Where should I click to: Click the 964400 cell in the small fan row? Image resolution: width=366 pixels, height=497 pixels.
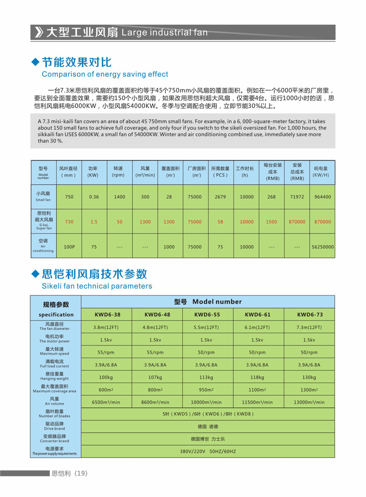point(322,197)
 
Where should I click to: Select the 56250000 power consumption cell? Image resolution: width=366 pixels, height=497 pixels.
point(322,247)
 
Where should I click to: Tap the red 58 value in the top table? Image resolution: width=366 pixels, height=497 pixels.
point(220,222)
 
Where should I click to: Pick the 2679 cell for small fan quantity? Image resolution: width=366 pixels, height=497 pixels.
point(220,197)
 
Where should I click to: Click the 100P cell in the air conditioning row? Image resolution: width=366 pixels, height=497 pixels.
point(69,247)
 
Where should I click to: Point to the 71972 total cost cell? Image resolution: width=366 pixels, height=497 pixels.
point(297,197)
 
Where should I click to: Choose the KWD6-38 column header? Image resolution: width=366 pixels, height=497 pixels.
point(106,315)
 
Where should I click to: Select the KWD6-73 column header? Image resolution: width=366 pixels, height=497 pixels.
point(310,315)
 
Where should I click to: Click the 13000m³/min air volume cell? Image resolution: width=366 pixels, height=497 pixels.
point(309,402)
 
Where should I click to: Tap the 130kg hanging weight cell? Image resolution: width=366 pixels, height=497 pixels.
point(309,377)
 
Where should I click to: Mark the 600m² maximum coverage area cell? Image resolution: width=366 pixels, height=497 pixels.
point(106,390)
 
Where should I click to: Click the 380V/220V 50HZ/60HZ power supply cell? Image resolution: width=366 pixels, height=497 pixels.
point(208,451)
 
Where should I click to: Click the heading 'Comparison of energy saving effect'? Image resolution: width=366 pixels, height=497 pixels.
point(105,74)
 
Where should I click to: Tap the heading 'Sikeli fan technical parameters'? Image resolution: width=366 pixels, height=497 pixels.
point(97,286)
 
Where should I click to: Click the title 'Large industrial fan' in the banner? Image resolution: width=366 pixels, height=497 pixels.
point(165,33)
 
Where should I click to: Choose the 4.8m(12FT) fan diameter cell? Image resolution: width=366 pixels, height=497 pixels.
point(157,328)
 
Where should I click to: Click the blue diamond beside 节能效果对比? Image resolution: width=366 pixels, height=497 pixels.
point(35,62)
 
